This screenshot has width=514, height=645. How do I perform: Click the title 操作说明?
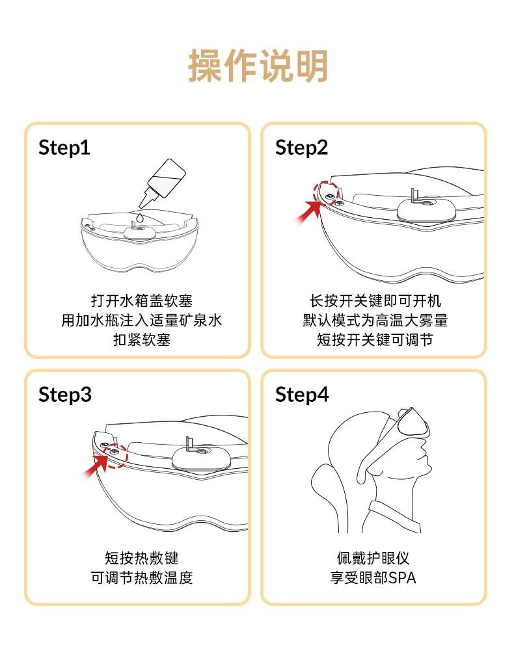(258, 66)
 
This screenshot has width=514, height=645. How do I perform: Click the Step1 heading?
(64, 148)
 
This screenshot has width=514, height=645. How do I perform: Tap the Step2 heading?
(302, 148)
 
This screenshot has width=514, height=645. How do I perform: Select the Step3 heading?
(65, 395)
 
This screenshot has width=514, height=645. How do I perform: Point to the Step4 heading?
(302, 395)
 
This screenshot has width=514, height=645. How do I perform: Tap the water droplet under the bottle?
(141, 218)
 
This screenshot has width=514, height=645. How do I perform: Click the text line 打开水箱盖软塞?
(142, 300)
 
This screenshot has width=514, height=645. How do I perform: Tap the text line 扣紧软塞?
(142, 340)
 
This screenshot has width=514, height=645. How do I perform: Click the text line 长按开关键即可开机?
(375, 300)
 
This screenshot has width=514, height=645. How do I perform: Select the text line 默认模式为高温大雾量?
(375, 320)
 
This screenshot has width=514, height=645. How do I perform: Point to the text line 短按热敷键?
(142, 558)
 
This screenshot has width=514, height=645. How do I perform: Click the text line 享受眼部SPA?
(373, 577)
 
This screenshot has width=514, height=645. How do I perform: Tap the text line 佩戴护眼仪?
(373, 558)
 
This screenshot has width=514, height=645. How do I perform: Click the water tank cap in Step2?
(426, 210)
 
